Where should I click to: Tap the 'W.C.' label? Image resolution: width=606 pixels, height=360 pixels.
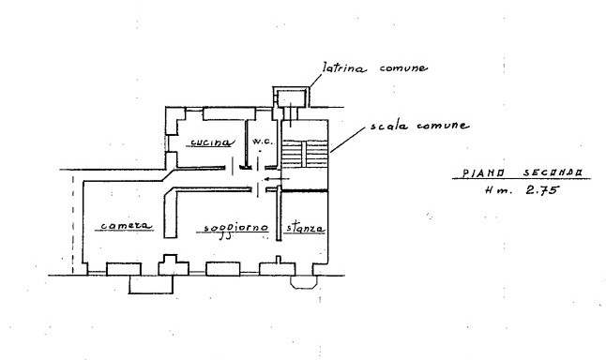pos(263,142)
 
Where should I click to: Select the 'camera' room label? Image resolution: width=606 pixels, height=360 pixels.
pos(127,226)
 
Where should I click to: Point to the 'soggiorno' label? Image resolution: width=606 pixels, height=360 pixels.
pos(235,229)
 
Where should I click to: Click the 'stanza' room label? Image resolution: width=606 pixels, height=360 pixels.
pos(305,228)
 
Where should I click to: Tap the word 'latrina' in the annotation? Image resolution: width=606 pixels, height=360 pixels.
pos(344,68)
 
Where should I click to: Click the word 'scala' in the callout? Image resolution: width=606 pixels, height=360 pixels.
pos(389,126)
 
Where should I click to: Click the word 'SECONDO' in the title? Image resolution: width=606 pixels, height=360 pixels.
pos(553,172)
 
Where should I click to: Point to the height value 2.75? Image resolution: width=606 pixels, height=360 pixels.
pos(542,189)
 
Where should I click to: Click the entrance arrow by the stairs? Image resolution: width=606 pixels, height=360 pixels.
pos(277,179)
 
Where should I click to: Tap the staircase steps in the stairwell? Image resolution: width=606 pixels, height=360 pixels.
pos(305,154)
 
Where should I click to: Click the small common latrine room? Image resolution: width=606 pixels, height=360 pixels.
pos(292,98)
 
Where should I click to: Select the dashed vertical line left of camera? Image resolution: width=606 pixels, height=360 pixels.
pos(72,224)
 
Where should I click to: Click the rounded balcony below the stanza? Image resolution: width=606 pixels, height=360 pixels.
pos(304,282)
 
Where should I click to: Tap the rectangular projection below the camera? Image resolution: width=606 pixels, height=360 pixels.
pos(151,285)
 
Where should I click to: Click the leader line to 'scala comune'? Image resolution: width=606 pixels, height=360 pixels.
pos(347,140)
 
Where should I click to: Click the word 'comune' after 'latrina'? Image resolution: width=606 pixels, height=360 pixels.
pos(403,68)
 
